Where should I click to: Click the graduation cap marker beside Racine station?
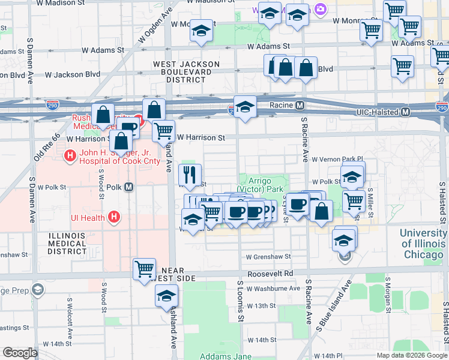coord(245,107)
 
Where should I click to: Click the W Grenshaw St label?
coord(268,256)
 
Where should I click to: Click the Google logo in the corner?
coord(20,353)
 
